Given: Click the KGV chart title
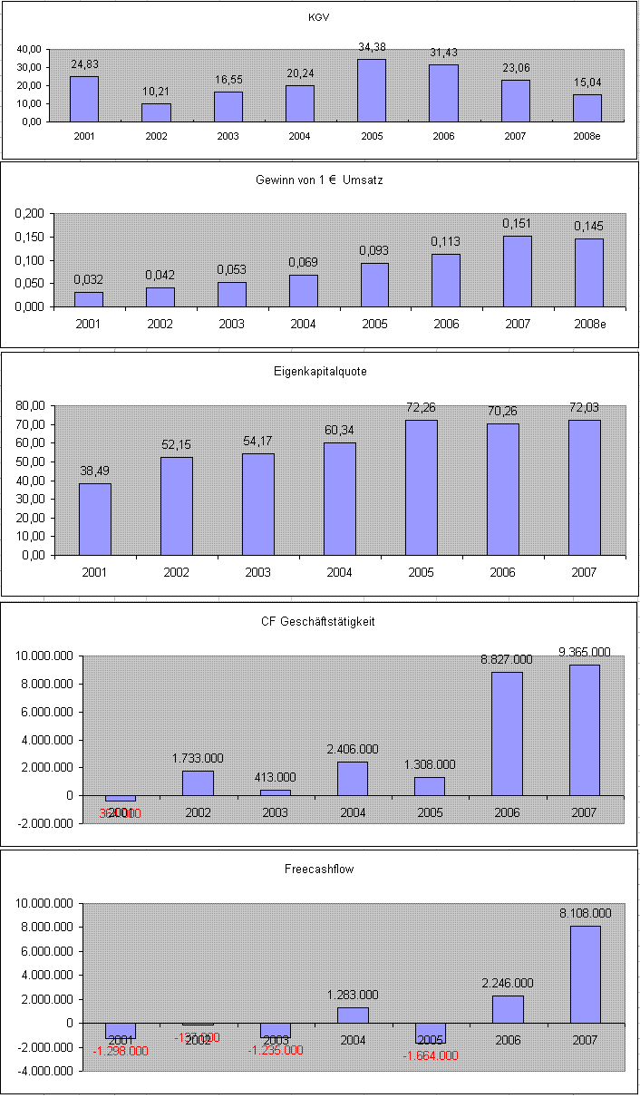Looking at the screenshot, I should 318,17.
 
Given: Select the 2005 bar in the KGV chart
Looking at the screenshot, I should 372,91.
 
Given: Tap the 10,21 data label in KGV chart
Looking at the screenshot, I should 156,92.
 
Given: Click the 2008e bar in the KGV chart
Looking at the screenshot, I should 587,108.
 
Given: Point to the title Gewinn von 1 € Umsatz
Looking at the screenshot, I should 319,180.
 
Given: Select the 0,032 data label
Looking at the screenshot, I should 88,280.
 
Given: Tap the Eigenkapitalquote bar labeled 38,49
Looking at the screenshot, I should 95,519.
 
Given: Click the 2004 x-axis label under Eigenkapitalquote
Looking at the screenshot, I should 339,572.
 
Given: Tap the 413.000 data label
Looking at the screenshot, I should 276,778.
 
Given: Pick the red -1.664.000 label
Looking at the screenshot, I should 431,1054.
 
